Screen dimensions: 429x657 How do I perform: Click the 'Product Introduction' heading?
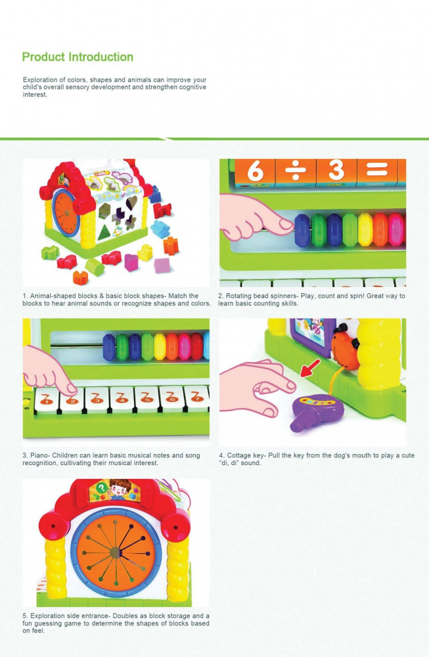point(78,57)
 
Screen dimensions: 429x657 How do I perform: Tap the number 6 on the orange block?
point(255,171)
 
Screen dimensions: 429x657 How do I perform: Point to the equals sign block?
point(377,171)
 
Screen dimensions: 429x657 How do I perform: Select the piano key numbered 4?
point(122,398)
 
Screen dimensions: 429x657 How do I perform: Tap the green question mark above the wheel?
point(101,488)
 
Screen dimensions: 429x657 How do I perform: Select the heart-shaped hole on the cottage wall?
point(131,202)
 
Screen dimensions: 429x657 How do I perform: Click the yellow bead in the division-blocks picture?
point(365,229)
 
